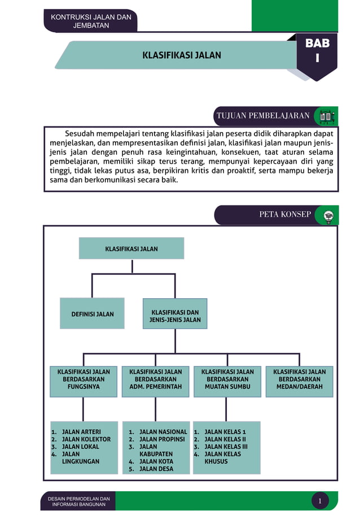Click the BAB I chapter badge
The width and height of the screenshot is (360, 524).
pos(317,51)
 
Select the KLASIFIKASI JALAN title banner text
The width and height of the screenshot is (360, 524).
pos(182,55)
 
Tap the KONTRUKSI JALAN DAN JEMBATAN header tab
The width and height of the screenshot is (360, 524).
pos(91,21)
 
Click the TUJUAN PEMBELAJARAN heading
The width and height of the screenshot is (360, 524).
pos(262,116)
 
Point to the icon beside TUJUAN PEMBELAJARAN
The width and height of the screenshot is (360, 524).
pos(327,116)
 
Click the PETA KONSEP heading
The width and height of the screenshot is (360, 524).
pos(285,215)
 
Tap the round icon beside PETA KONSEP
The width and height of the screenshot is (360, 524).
pos(327,215)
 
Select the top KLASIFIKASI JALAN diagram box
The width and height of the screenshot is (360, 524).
pos(131,248)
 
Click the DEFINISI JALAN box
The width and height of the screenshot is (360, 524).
pos(93,314)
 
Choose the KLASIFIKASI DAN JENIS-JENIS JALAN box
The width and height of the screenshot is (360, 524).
pos(175,316)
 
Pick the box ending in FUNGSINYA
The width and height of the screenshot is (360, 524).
pos(84,379)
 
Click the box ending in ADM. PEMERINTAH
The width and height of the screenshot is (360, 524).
pos(156,379)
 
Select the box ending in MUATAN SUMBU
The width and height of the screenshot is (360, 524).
pos(227,379)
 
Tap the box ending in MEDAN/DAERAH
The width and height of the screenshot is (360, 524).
pos(299,379)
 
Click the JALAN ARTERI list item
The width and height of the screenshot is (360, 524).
pos(81,432)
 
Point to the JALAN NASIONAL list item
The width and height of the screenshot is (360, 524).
pos(163,432)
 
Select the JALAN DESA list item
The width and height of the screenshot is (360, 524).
pos(156,469)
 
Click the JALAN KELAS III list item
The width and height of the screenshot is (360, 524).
pos(226,447)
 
